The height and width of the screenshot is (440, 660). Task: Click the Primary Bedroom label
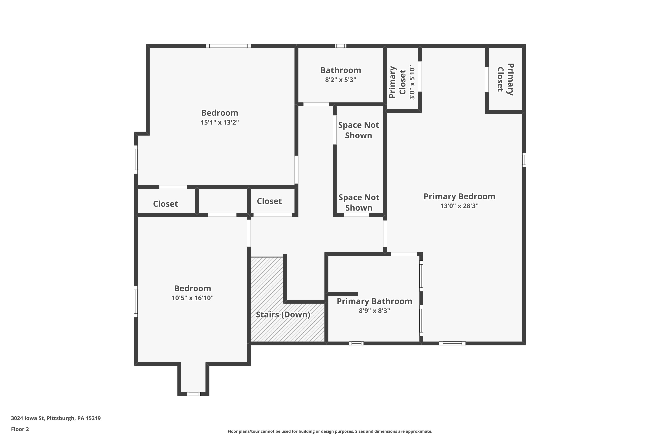[x=459, y=196]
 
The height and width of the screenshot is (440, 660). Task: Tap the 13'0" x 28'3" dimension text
[x=459, y=206]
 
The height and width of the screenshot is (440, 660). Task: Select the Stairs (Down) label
[x=283, y=315]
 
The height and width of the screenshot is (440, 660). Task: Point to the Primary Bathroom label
[x=374, y=301]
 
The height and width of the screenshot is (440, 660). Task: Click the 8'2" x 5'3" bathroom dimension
[x=340, y=80]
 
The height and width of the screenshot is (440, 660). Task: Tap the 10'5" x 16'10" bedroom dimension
[x=192, y=298]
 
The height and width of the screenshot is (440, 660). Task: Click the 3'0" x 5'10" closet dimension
[x=412, y=82]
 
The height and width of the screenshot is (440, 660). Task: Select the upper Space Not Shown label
[x=358, y=130]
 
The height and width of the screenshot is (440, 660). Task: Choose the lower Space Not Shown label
[x=359, y=203]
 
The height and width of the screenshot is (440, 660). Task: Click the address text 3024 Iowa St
[x=56, y=418]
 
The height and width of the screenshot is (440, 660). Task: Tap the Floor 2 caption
[x=20, y=429]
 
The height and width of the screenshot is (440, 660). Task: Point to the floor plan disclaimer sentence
[x=330, y=431]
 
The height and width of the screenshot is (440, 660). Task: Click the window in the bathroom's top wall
[x=340, y=46]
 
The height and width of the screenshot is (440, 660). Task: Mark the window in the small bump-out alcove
[x=193, y=394]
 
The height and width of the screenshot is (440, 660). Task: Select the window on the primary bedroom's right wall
[x=524, y=160]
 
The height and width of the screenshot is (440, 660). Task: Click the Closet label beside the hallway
[x=269, y=201]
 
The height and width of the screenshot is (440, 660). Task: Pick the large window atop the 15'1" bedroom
[x=228, y=46]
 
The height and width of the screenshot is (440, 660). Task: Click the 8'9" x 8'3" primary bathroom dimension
[x=374, y=311]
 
